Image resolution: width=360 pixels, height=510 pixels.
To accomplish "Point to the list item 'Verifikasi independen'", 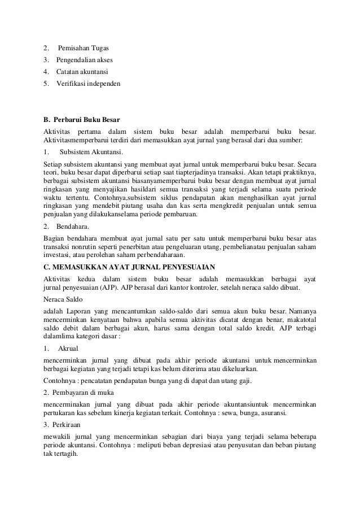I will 87,85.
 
